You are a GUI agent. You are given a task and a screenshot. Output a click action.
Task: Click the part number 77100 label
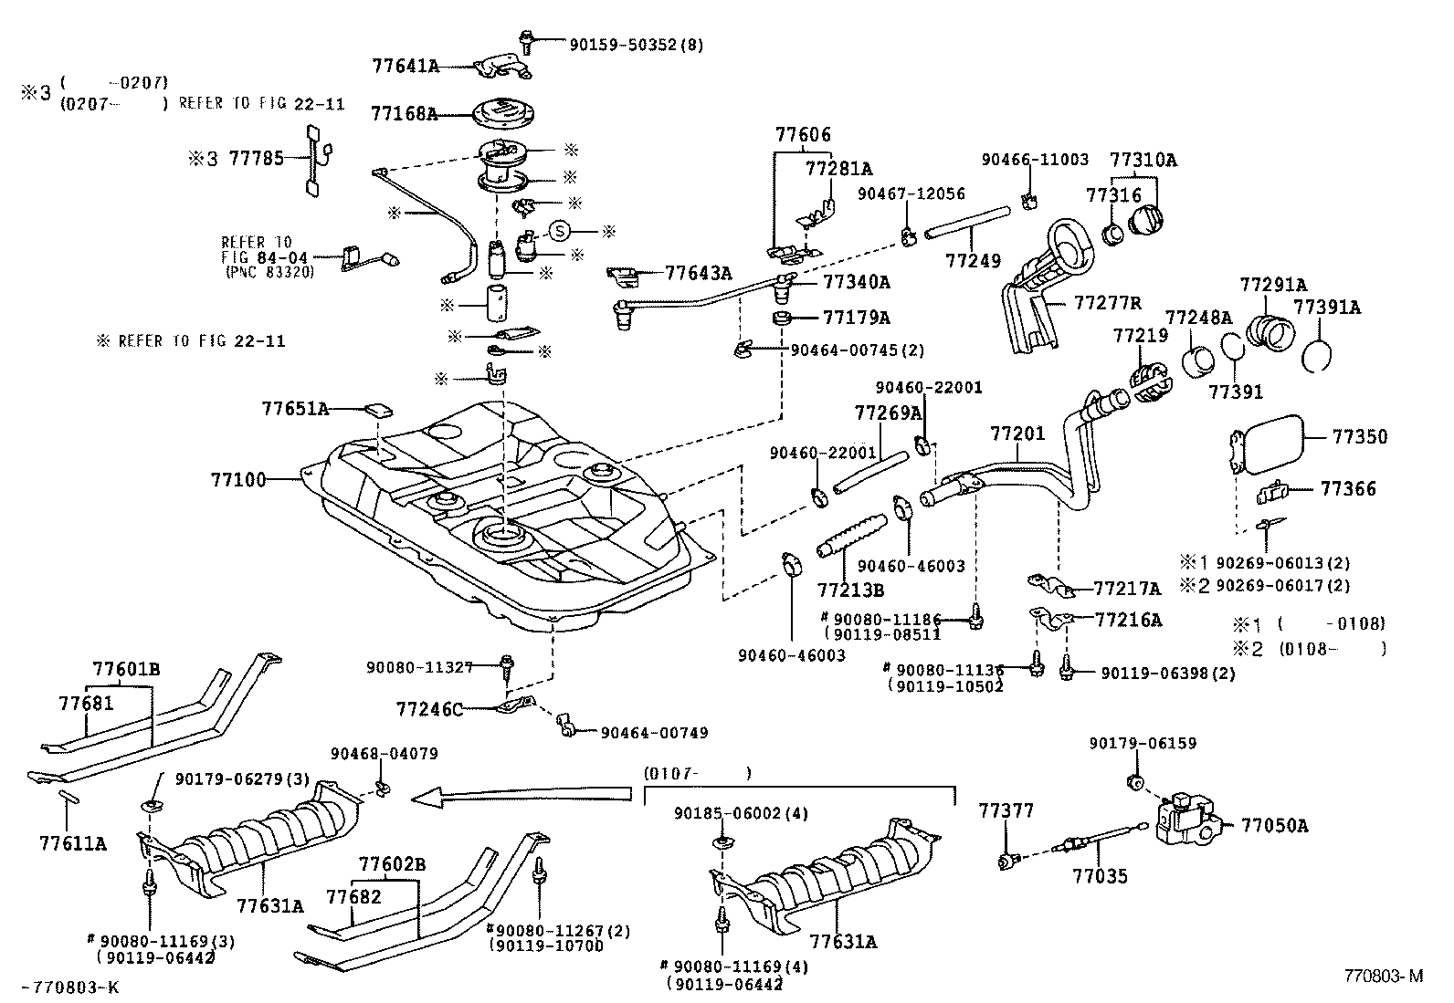238,479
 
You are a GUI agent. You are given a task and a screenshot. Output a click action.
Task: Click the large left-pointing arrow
521,795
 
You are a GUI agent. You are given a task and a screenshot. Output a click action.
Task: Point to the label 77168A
404,115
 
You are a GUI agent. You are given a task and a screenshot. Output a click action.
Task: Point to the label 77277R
1108,302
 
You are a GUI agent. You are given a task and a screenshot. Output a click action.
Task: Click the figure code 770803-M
1383,976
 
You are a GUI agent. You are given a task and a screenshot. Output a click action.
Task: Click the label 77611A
73,844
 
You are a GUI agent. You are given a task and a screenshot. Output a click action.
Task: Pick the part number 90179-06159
1142,744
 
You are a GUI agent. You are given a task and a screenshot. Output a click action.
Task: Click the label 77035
1100,877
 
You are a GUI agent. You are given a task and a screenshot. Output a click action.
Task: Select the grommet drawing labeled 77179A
782,319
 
